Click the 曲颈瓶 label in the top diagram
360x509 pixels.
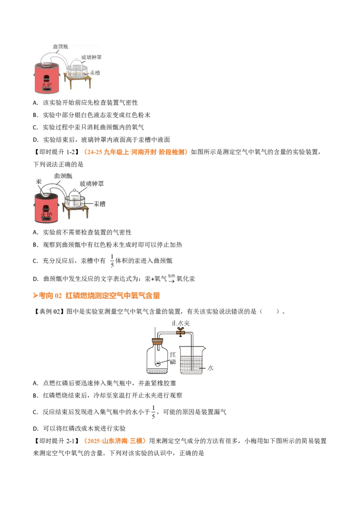[x=61, y=46]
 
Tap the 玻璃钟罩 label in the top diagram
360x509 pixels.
[x=91, y=57]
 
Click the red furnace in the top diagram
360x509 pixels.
[x=46, y=78]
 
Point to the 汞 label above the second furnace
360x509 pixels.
[x=39, y=182]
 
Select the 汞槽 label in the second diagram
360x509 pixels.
[x=99, y=204]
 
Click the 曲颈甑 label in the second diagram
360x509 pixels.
[x=63, y=176]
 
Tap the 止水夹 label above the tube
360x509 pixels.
[x=180, y=323]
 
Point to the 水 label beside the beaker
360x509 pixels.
[x=210, y=368]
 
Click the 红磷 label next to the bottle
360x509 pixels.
[x=172, y=358]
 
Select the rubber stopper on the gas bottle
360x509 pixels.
[x=157, y=341]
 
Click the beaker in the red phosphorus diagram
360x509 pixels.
[x=192, y=360]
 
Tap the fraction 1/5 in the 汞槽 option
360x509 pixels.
[x=112, y=261]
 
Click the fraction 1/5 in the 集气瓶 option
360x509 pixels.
[x=153, y=412]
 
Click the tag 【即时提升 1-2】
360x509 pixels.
[x=56, y=152]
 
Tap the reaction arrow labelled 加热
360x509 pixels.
[x=171, y=279]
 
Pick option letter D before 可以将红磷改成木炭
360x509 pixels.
[x=36, y=429]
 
